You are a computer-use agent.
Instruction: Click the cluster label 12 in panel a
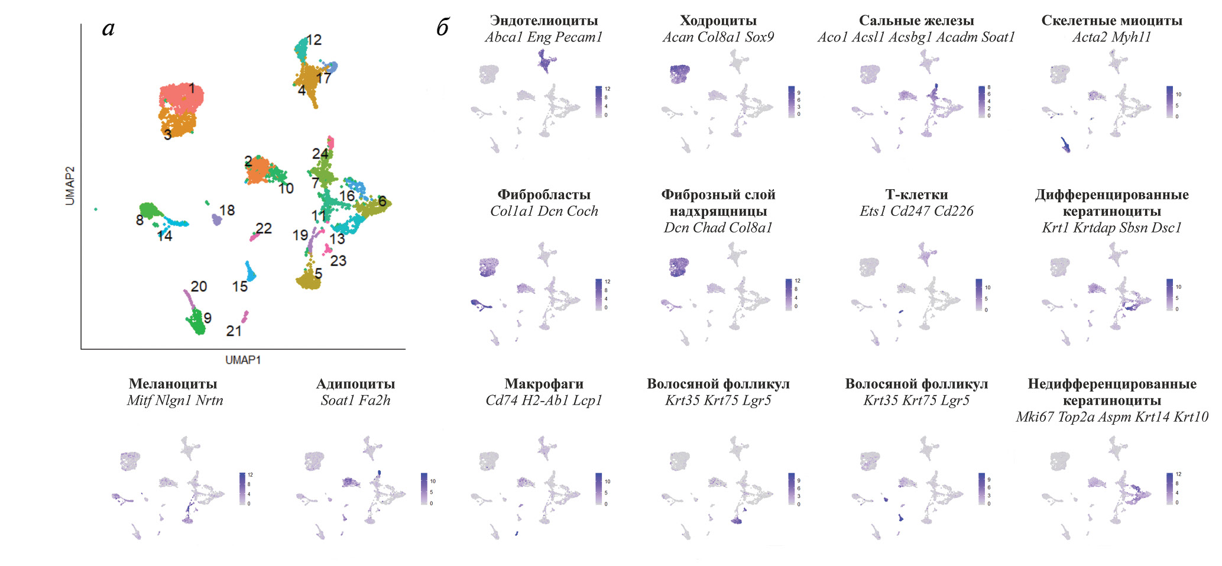314,40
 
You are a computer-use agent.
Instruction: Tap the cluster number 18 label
227,211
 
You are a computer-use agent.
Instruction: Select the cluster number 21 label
234,331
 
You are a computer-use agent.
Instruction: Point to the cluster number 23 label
338,261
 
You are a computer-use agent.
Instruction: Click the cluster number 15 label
240,287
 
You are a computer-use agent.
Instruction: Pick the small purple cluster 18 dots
216,220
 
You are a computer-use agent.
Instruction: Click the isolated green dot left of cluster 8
96,209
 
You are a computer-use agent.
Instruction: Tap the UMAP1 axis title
243,360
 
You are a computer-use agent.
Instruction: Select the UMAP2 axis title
70,186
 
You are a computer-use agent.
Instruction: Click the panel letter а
108,28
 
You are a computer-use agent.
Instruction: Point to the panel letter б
443,27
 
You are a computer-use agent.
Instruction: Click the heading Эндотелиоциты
544,21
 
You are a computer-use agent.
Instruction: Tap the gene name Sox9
760,37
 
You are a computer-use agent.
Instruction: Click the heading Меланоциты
173,384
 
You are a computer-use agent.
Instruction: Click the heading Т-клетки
916,195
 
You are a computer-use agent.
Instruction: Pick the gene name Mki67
1035,417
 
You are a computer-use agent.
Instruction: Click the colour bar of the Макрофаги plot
599,489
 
